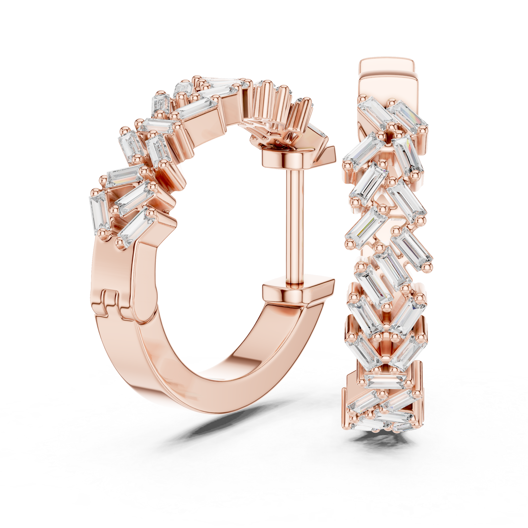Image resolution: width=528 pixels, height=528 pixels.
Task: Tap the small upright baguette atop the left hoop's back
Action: pos(160,104)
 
